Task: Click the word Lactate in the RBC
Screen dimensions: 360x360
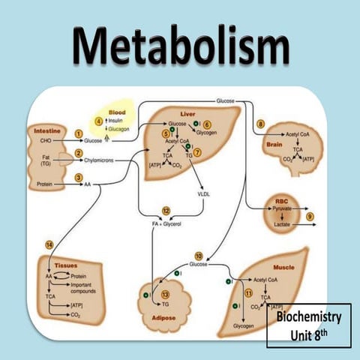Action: tap(282, 223)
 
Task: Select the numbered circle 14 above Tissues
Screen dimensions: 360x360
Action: tap(49, 244)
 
